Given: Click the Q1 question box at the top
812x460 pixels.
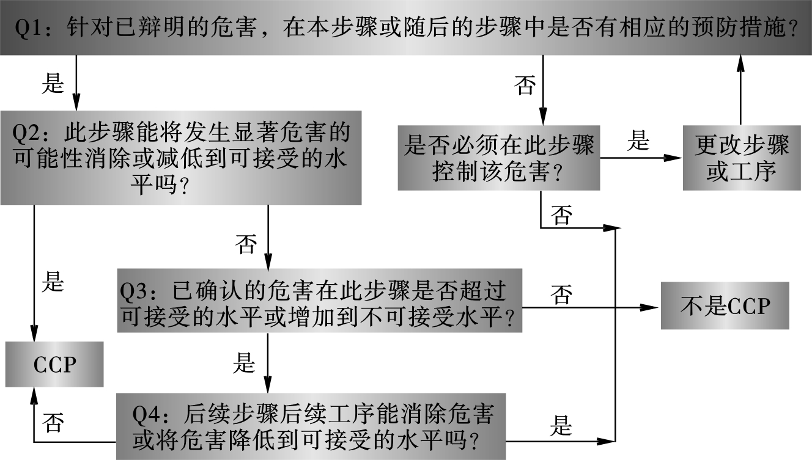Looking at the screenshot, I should tap(406, 27).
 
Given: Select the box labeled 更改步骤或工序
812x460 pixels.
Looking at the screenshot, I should tap(741, 158).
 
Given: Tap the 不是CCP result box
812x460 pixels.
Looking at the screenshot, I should tap(725, 305).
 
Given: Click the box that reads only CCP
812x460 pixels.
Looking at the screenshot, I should tap(54, 364).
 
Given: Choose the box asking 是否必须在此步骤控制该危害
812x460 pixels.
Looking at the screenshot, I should tap(499, 158).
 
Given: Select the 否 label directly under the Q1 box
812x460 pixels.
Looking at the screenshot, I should tap(525, 86).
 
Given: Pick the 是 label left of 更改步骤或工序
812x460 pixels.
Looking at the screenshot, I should tap(638, 142).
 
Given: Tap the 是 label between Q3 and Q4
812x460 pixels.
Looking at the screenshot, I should tap(244, 363).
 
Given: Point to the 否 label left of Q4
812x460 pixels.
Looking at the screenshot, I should tap(54, 422).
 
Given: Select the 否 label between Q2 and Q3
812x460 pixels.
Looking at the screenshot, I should tap(246, 244).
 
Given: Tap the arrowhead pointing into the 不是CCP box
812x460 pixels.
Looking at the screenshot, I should tap(649, 308).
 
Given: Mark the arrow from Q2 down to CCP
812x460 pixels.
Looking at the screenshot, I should tap(34, 269).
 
